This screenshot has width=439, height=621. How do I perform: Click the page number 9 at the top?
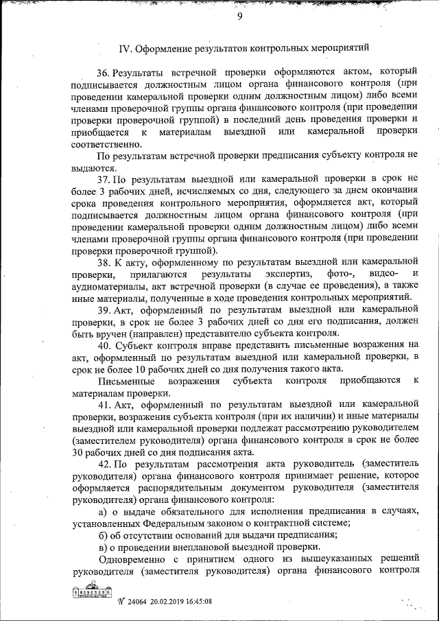point(240,18)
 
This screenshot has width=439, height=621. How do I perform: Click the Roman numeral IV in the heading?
point(125,49)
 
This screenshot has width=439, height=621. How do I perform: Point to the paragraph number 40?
point(104,346)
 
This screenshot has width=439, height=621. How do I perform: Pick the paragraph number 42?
point(104,464)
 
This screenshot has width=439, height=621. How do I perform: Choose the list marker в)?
point(103,547)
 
